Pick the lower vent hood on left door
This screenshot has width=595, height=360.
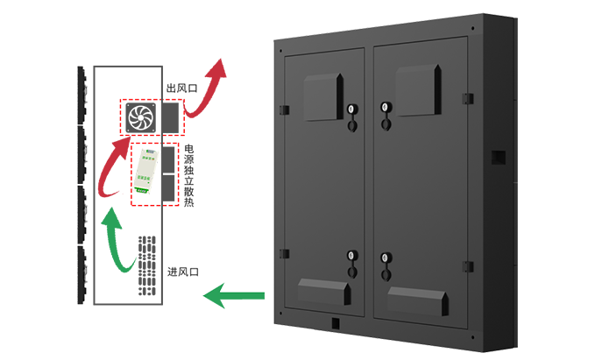[x=325, y=290]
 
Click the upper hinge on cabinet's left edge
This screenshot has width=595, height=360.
[x=283, y=110]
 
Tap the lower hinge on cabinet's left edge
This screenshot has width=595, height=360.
[x=283, y=254]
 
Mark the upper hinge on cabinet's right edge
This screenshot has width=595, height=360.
[x=468, y=96]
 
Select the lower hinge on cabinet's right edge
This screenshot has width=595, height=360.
[x=468, y=265]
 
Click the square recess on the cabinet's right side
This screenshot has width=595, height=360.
[x=499, y=158]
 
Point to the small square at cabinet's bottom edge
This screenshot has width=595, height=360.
[x=336, y=321]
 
